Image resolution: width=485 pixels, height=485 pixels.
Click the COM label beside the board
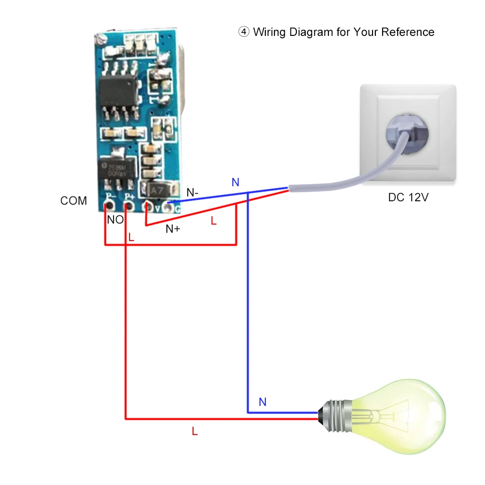click(x=74, y=201)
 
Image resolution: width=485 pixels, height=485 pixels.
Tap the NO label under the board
click(x=115, y=220)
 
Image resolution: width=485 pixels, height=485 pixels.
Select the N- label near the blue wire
click(x=193, y=193)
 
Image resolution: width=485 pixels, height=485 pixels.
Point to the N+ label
click(x=173, y=229)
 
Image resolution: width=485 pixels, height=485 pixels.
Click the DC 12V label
click(x=408, y=197)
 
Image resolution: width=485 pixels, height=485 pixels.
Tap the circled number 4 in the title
click(x=244, y=32)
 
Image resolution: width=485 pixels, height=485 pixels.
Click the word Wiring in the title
click(x=269, y=32)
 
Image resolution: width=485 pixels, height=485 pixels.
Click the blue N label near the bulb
click(x=262, y=402)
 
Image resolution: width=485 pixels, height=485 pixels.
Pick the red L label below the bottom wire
click(x=194, y=431)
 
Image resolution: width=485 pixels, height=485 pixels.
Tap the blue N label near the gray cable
click(x=235, y=182)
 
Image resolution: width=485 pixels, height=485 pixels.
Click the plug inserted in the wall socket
click(x=407, y=134)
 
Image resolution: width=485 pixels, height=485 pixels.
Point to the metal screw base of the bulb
click(x=335, y=416)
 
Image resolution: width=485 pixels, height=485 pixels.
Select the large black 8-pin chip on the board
click(x=118, y=91)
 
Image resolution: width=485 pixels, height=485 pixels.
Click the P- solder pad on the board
click(x=109, y=205)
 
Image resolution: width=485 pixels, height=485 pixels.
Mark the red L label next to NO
click(x=131, y=237)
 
